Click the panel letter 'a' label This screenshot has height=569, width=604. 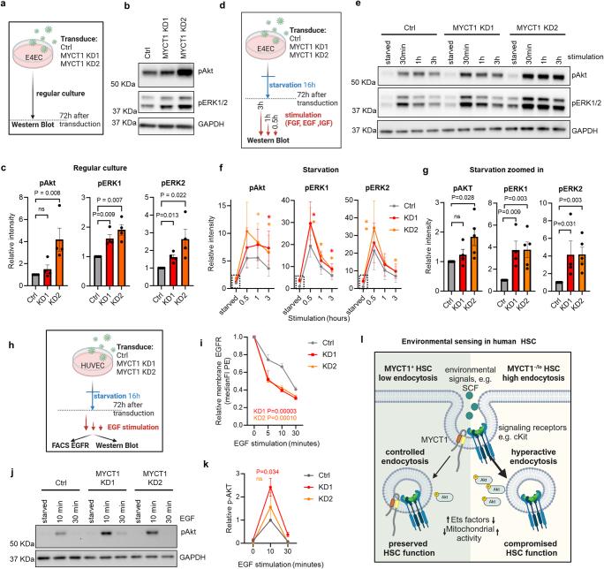(x=5, y=6)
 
